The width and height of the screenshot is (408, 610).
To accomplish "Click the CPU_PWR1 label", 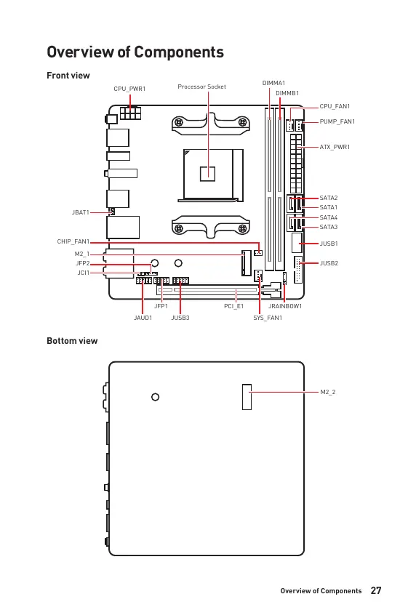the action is pyautogui.click(x=129, y=89).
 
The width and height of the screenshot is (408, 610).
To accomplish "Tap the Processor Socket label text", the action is pyautogui.click(x=201, y=87).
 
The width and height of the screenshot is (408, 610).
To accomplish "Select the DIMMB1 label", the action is pyautogui.click(x=287, y=93).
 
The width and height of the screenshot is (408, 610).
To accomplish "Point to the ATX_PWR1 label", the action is pyautogui.click(x=335, y=147).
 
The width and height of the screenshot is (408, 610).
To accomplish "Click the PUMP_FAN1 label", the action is pyautogui.click(x=337, y=121).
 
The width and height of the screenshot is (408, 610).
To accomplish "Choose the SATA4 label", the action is pyautogui.click(x=329, y=217).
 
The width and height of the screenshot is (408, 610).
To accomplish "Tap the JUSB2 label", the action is pyautogui.click(x=329, y=263).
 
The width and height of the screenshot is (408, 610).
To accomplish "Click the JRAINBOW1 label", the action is pyautogui.click(x=285, y=306).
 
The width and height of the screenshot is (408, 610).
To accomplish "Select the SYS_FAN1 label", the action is pyautogui.click(x=268, y=318).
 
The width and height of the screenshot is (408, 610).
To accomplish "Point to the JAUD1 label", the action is pyautogui.click(x=143, y=318).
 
